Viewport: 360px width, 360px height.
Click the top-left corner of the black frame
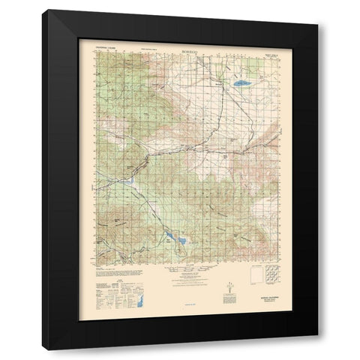(x=42, y=10)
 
